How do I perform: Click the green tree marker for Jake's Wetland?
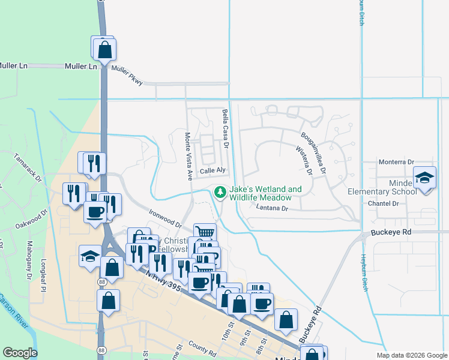click(x=220, y=192)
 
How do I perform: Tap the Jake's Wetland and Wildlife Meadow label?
click(x=265, y=193)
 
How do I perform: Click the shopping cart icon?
click(x=205, y=232)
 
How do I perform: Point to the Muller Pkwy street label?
click(x=127, y=76)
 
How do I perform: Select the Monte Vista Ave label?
click(x=188, y=157)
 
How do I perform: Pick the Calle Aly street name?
click(x=212, y=171)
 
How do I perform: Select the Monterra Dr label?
click(x=397, y=162)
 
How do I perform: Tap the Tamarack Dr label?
click(x=27, y=170)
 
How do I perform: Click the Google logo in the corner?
click(x=20, y=353)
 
